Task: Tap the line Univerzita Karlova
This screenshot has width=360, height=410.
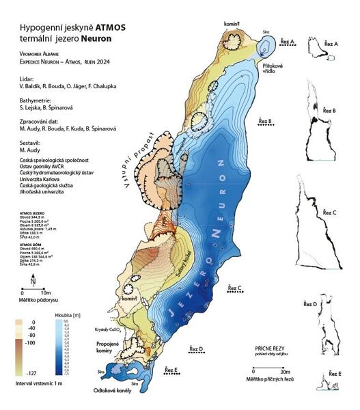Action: [x=42, y=180]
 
